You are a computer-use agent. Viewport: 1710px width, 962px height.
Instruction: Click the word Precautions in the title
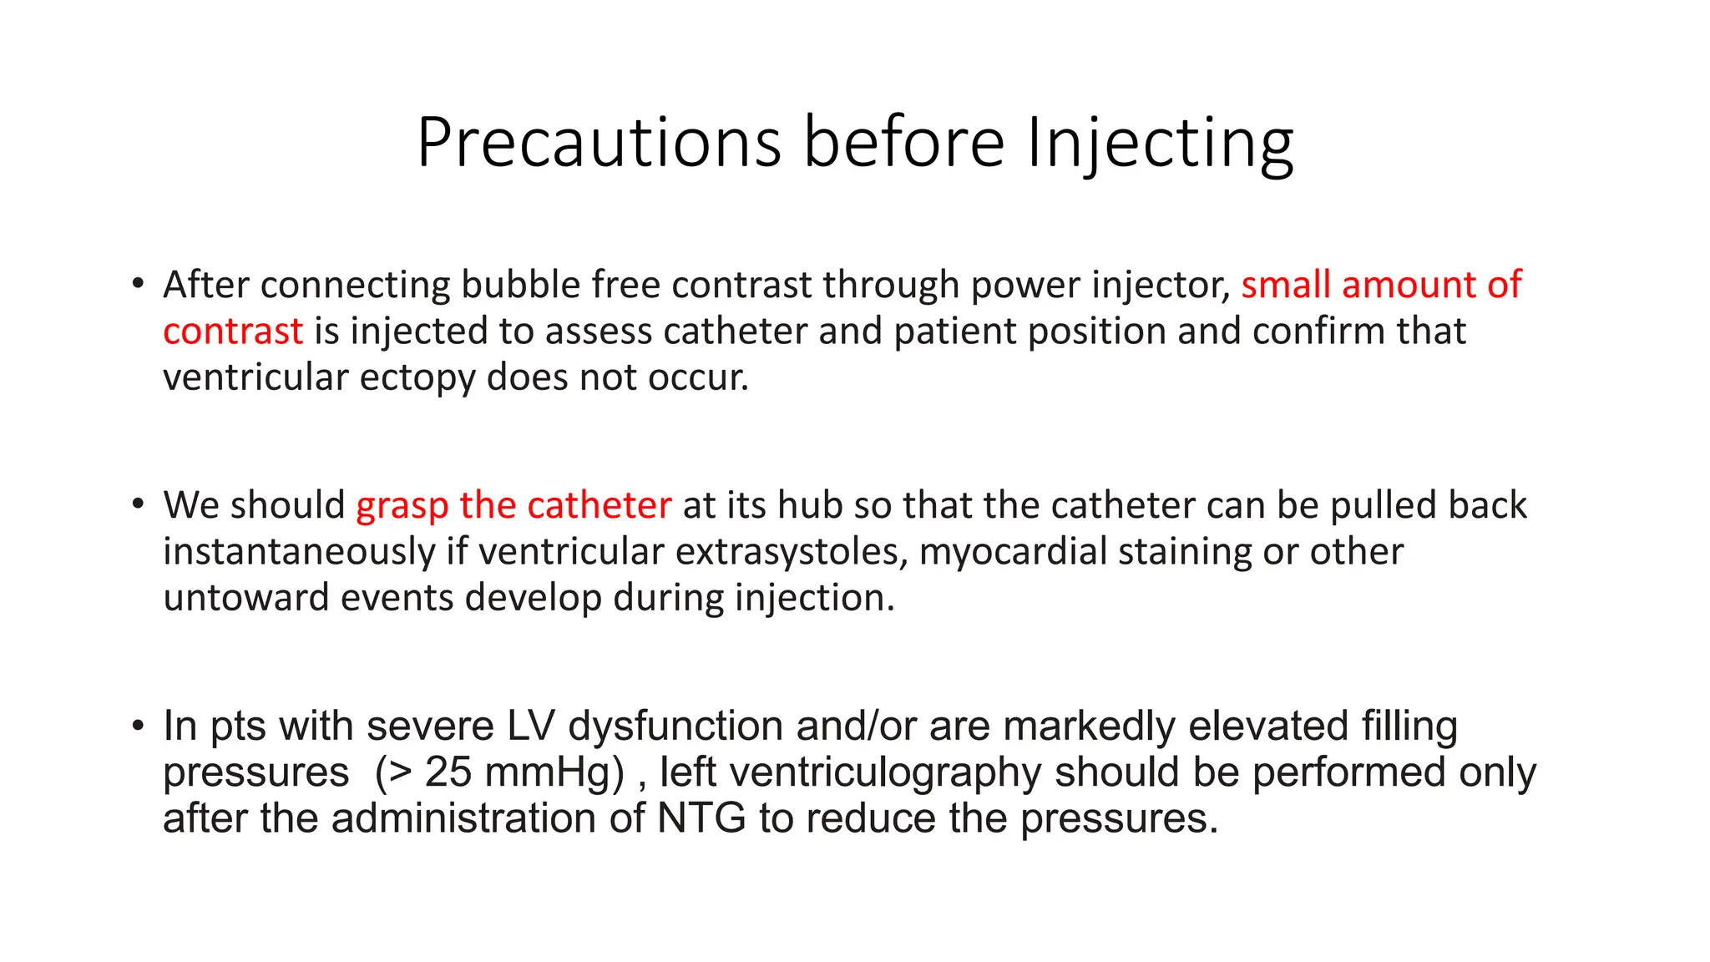(x=599, y=142)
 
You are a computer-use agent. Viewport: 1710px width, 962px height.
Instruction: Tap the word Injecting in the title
(x=1160, y=144)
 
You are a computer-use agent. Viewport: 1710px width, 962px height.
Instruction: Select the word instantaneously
(x=299, y=552)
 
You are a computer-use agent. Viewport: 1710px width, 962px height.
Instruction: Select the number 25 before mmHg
(x=448, y=772)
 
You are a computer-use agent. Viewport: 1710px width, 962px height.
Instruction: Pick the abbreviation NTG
(x=701, y=818)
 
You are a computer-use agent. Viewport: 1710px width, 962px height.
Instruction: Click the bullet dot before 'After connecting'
(x=139, y=283)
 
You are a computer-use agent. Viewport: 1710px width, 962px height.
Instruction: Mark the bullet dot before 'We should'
(x=139, y=504)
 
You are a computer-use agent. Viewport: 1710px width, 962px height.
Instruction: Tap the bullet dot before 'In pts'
(x=139, y=725)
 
